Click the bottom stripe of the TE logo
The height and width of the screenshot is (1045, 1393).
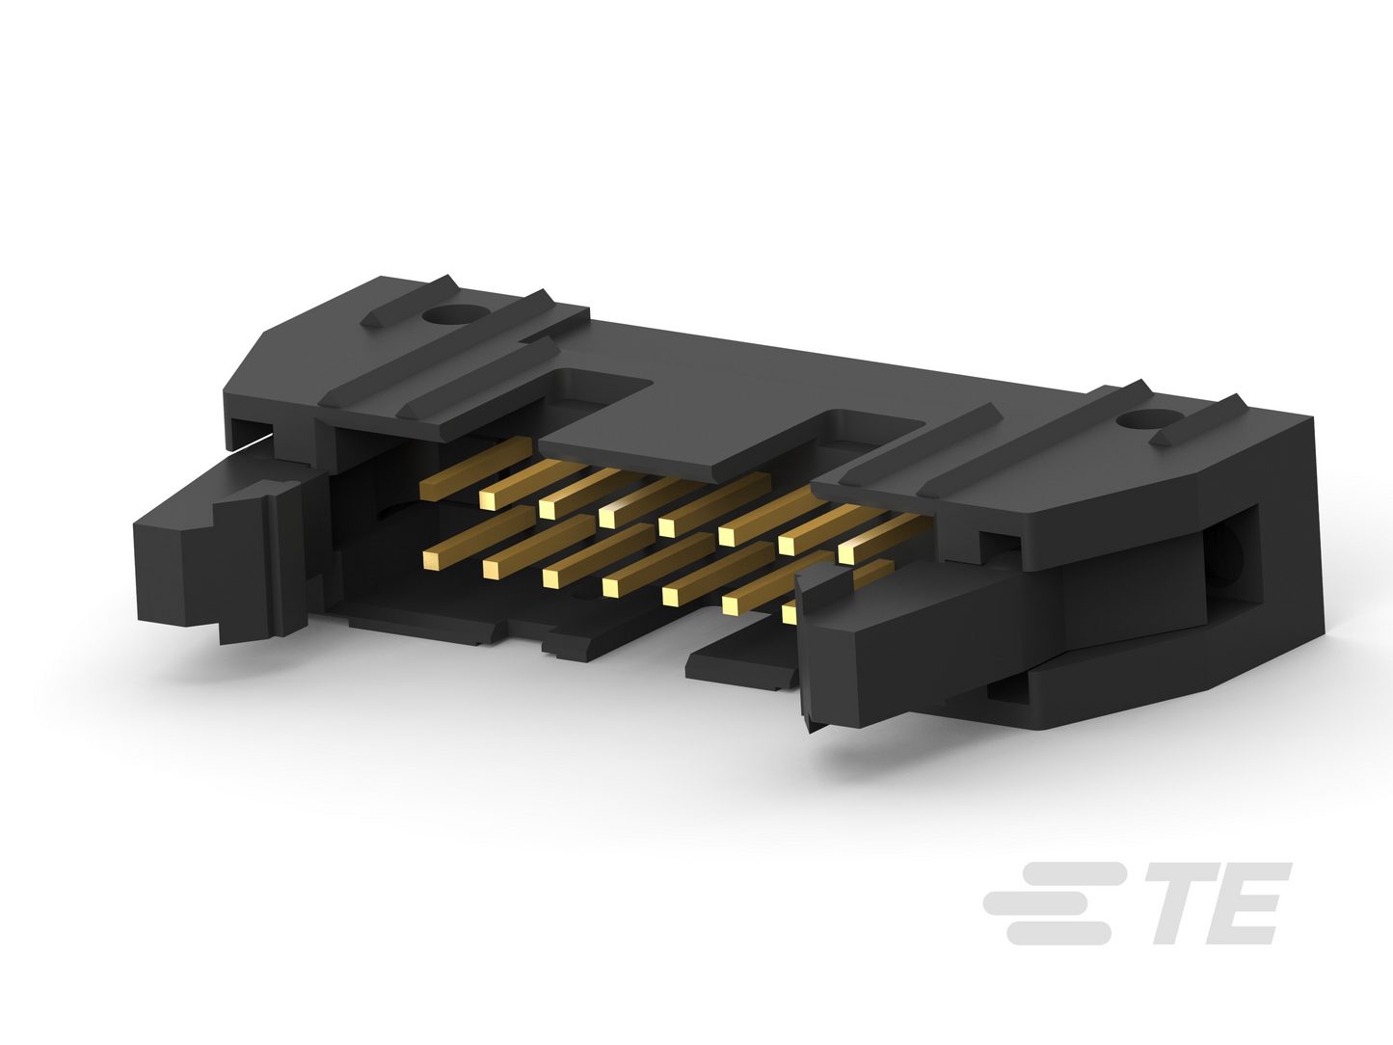point(1059,933)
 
